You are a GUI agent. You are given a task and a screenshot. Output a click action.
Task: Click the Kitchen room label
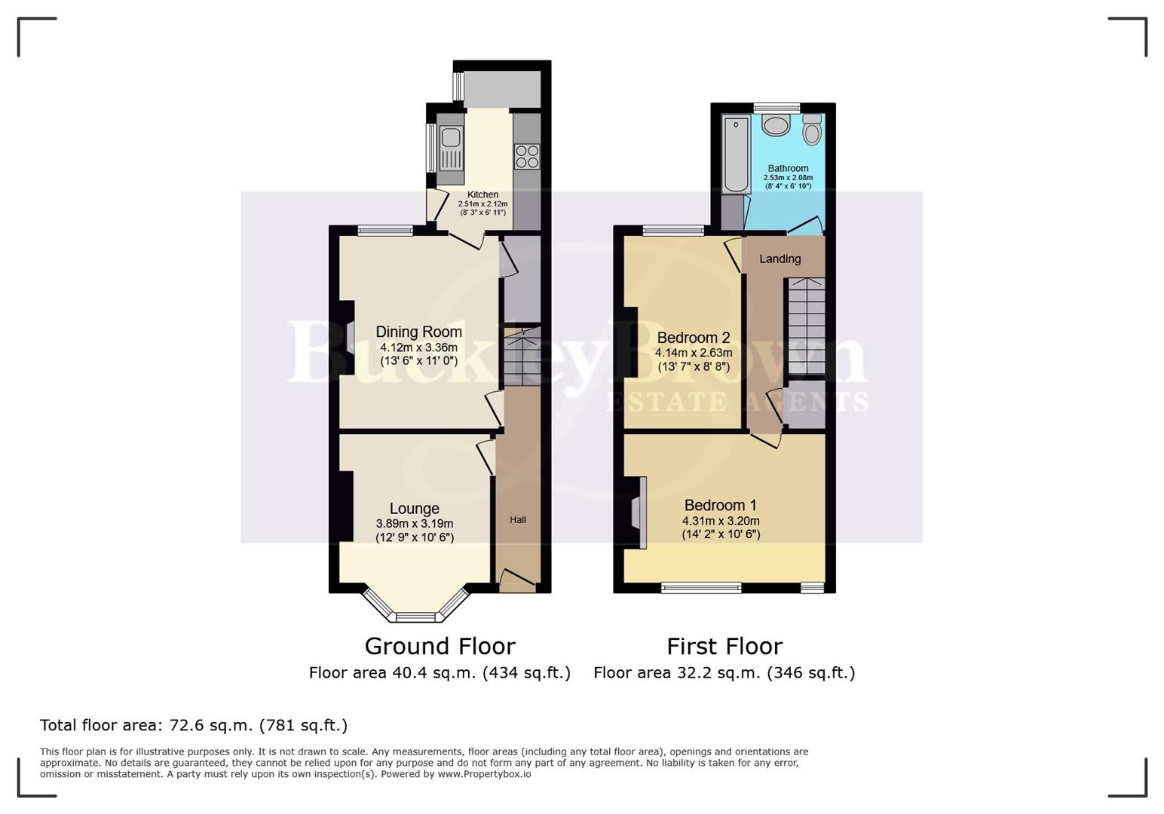[x=482, y=194]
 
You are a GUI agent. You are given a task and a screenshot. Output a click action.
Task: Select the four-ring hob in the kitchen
[x=527, y=157]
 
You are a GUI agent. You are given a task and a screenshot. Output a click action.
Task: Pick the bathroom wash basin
[x=776, y=124]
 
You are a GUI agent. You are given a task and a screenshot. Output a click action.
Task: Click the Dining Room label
[x=418, y=332]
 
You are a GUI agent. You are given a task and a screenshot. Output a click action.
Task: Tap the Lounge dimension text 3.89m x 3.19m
[x=415, y=524]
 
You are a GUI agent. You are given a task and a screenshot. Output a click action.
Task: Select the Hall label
[x=518, y=520]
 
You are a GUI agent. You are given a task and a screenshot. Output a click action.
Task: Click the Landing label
[x=780, y=259]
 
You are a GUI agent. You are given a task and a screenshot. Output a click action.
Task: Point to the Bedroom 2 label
[x=693, y=338]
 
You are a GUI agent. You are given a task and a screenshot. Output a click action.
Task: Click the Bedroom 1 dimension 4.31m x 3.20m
[x=721, y=521]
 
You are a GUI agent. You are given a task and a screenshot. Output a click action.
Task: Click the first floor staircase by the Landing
[x=806, y=326]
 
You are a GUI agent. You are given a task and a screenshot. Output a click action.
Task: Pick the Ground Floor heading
[x=440, y=647]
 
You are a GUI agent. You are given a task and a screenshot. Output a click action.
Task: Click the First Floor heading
[x=724, y=647]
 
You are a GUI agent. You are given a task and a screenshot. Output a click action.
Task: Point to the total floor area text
[x=194, y=725]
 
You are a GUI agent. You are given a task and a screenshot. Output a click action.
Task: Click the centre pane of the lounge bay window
[x=416, y=617]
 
